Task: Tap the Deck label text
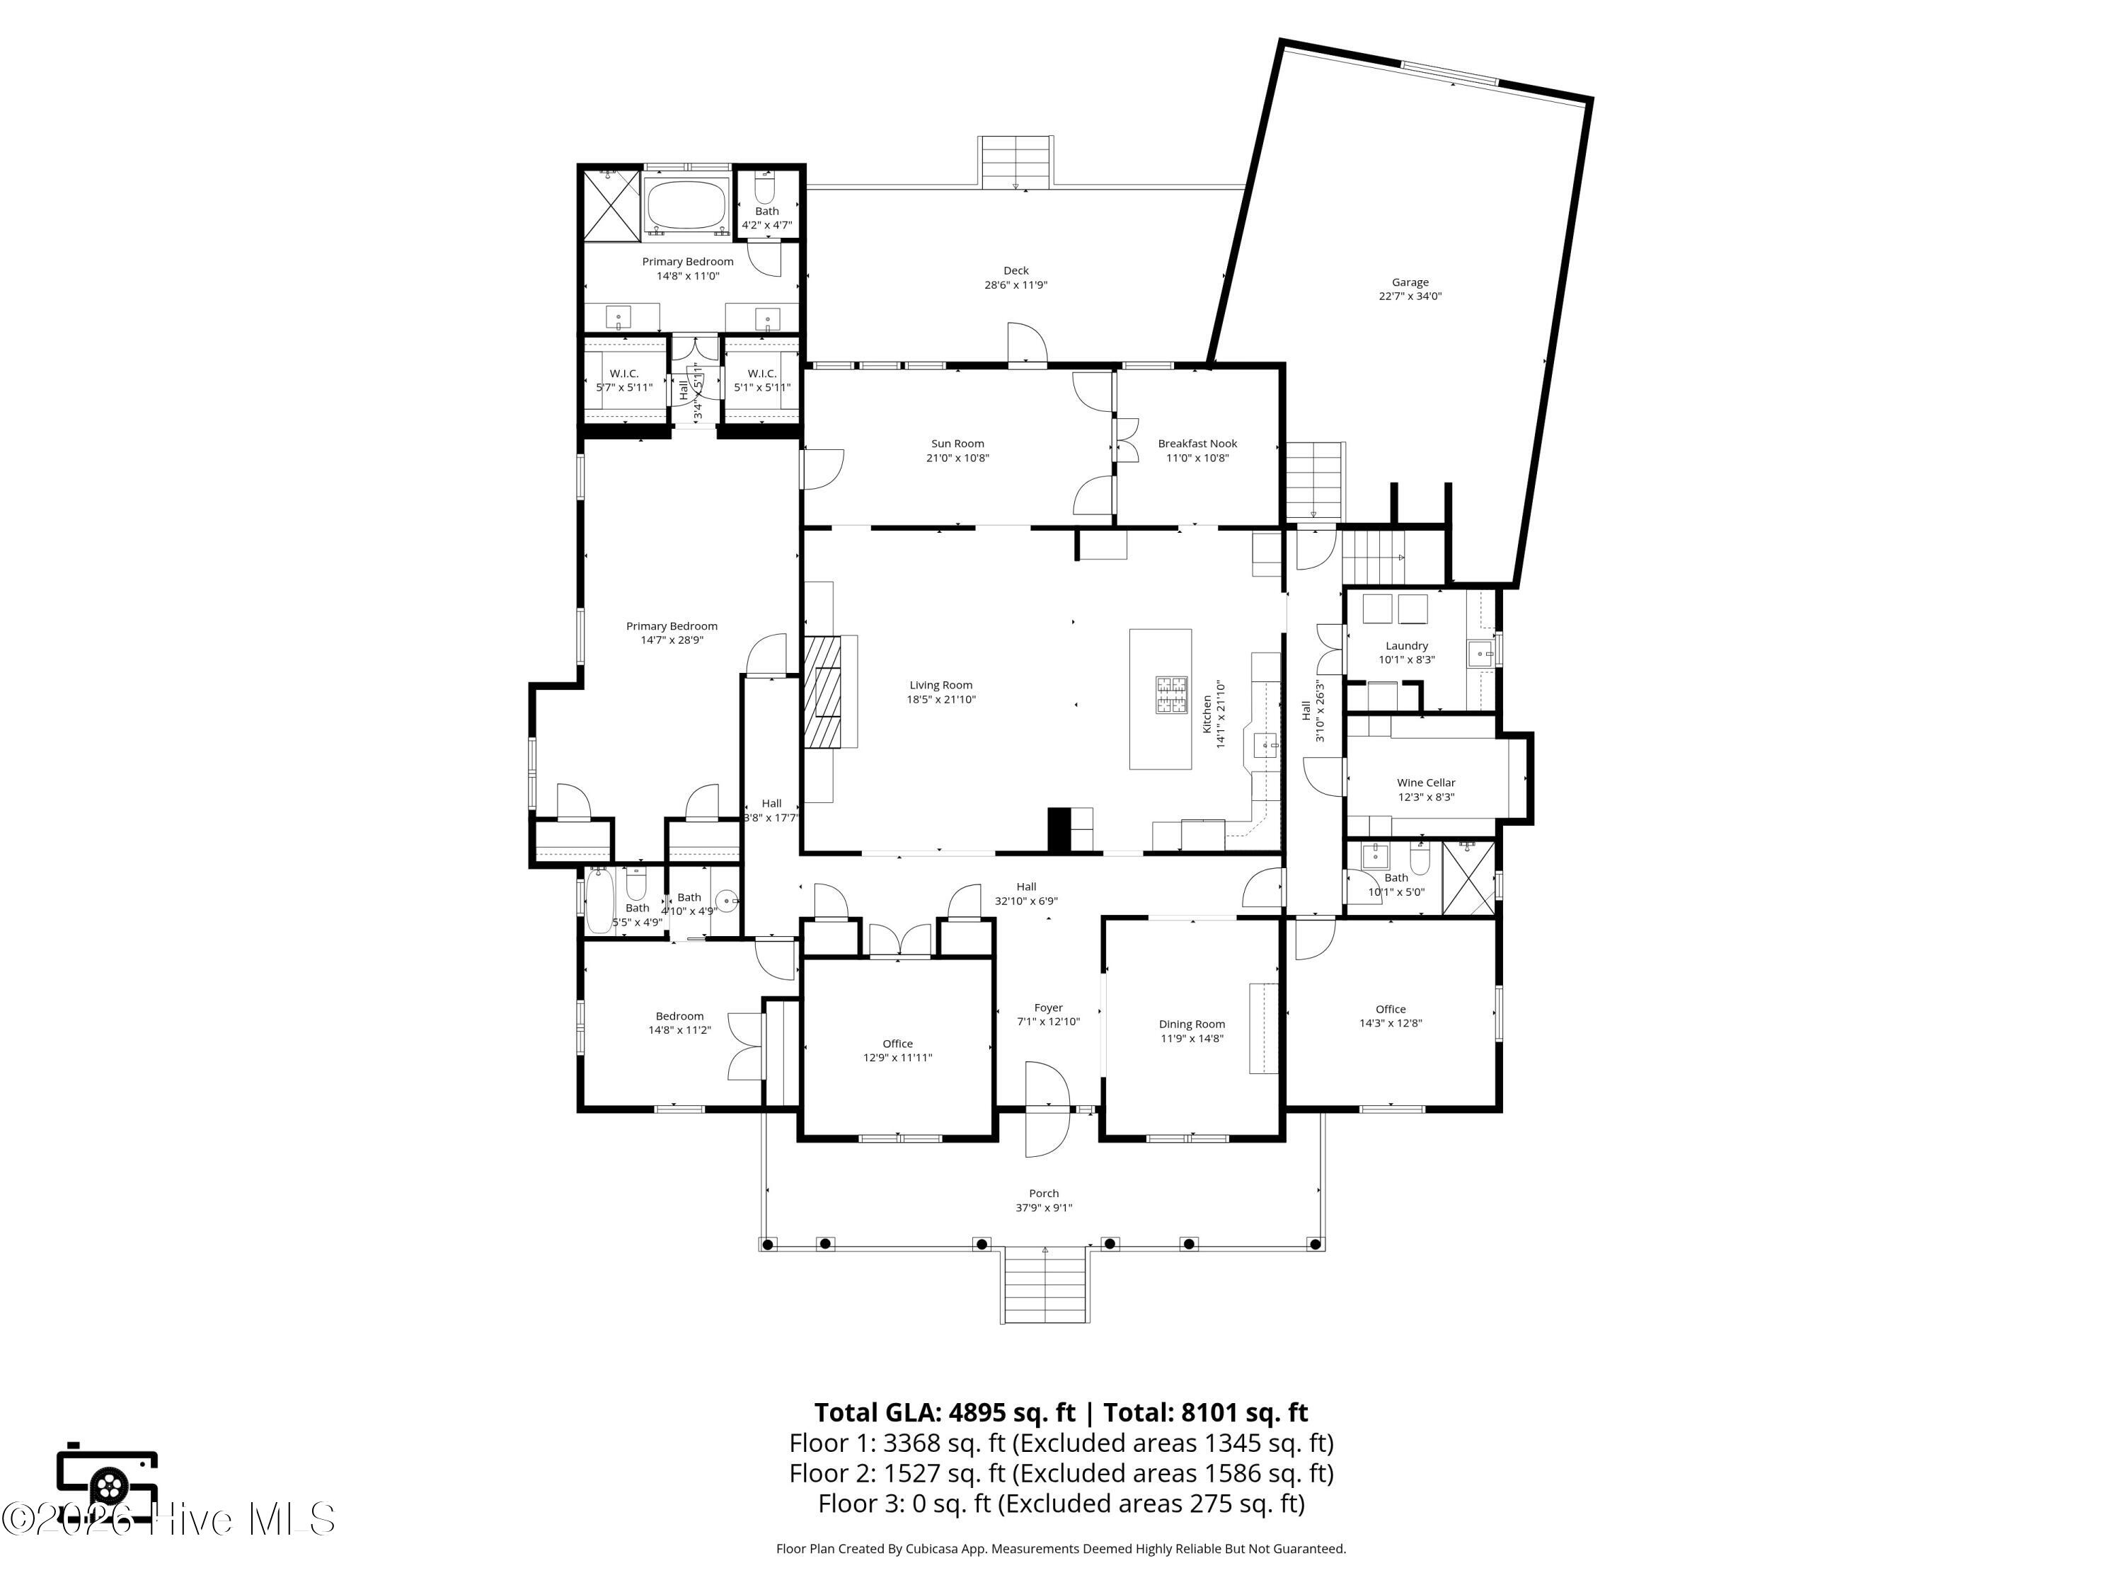(x=1016, y=277)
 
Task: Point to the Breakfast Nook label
(x=1197, y=451)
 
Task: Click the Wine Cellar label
(x=1425, y=790)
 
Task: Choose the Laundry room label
(x=1406, y=652)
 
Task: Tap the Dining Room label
(x=1192, y=1031)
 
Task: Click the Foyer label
(x=1048, y=1015)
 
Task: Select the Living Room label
(x=940, y=692)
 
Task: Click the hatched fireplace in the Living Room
(x=822, y=691)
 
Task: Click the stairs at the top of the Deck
(x=1016, y=161)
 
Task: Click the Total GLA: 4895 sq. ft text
(x=945, y=1412)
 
